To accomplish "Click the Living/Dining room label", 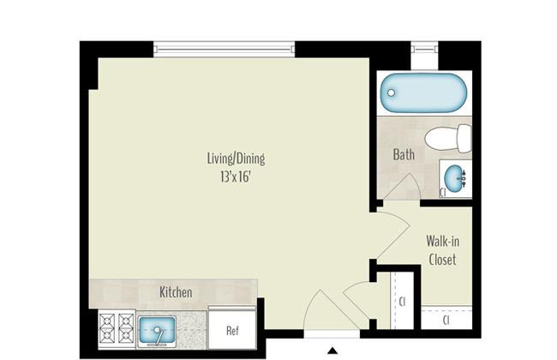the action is (x=236, y=159).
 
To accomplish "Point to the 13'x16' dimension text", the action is (x=236, y=177).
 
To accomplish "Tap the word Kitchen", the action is (x=176, y=292).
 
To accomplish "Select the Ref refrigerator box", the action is (x=232, y=329).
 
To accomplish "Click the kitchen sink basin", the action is (x=158, y=329).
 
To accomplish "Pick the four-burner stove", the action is (x=117, y=329).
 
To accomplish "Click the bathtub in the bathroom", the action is (x=423, y=93).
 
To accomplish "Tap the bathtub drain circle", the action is (x=391, y=93).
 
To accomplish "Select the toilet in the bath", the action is (x=448, y=138).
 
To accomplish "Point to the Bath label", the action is (x=404, y=154).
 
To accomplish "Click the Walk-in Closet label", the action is (x=443, y=250).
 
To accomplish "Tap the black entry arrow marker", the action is (x=332, y=351).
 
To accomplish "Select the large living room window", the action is (x=225, y=49).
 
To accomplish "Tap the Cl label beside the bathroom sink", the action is (x=443, y=192).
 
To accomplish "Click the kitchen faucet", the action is (x=159, y=337).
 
